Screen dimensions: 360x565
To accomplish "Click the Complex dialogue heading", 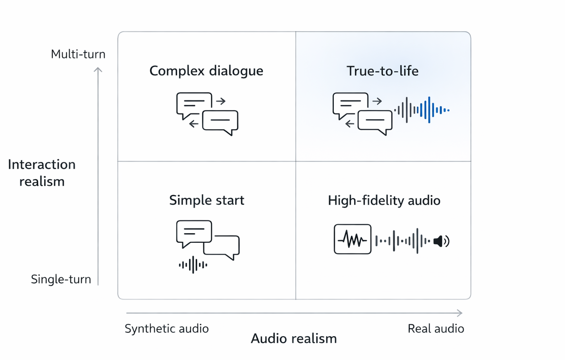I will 206,71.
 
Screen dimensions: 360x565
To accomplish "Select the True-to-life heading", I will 383,71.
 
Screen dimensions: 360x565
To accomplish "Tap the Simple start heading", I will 207,200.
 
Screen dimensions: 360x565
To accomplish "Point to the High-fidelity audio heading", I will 384,200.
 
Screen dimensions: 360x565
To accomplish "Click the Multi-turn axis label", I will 78,54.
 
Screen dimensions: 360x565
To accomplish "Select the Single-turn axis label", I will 61,279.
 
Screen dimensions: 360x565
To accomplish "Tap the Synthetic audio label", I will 166,329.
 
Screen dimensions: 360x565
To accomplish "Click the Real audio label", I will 436,329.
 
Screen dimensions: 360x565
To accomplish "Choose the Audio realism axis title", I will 293,339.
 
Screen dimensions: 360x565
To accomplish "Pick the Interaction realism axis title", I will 42,173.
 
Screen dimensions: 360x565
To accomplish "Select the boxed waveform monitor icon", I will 352,239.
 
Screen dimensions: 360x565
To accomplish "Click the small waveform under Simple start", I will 193,265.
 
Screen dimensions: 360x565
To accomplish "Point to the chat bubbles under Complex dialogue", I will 207,114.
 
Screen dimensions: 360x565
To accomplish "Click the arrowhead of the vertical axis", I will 98,70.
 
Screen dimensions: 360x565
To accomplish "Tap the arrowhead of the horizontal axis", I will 459,313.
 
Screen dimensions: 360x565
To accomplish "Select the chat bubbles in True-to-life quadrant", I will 363,113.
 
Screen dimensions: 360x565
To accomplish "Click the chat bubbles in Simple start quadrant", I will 207,239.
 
